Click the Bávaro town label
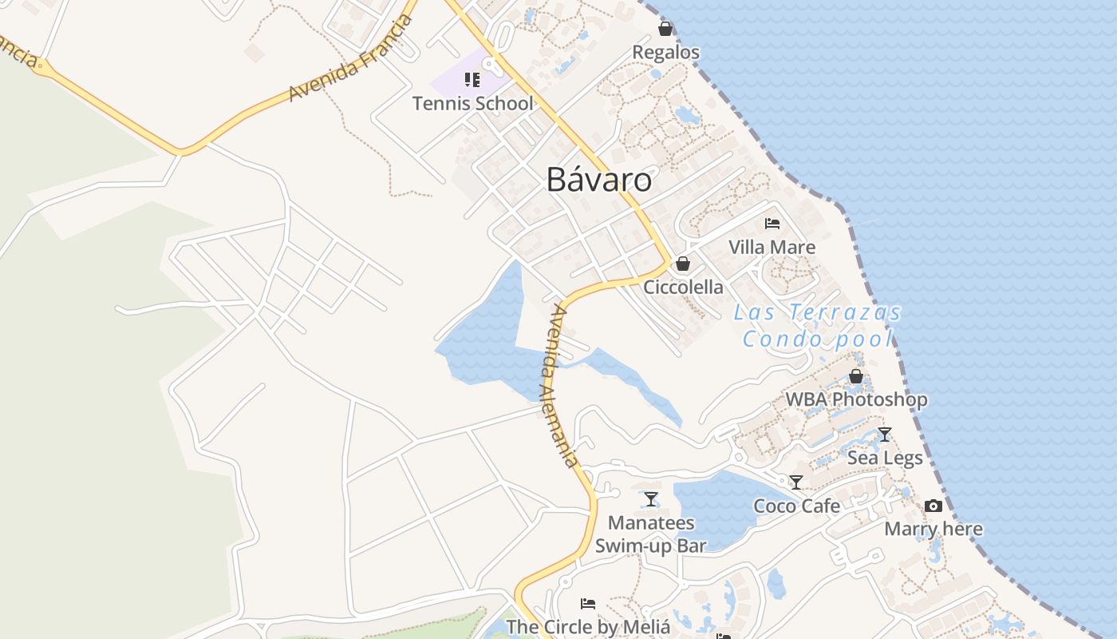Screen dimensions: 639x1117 [x=598, y=180]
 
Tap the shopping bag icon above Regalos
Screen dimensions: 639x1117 [x=665, y=30]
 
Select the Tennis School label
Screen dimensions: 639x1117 [x=472, y=103]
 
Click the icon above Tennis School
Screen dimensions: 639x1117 [x=472, y=79]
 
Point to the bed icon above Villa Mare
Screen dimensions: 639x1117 [x=772, y=223]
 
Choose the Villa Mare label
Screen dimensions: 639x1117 [x=772, y=247]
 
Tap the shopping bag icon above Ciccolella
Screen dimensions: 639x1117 [x=683, y=263]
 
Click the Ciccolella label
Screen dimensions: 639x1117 [x=683, y=287]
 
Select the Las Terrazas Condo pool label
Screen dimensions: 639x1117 [x=818, y=325]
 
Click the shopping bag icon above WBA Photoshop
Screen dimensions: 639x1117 [x=856, y=375]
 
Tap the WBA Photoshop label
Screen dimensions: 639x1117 [x=856, y=399]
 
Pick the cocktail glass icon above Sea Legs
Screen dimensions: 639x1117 [x=884, y=434]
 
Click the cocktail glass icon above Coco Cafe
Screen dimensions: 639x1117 [x=795, y=482]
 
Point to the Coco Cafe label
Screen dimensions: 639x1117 [x=796, y=506]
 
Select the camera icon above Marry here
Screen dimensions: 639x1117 [x=933, y=506]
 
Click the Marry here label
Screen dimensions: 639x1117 [x=933, y=529]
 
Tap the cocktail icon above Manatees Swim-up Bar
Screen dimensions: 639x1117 [x=651, y=499]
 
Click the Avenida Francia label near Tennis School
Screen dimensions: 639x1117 [x=350, y=58]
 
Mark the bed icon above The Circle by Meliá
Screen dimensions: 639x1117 [x=588, y=603]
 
